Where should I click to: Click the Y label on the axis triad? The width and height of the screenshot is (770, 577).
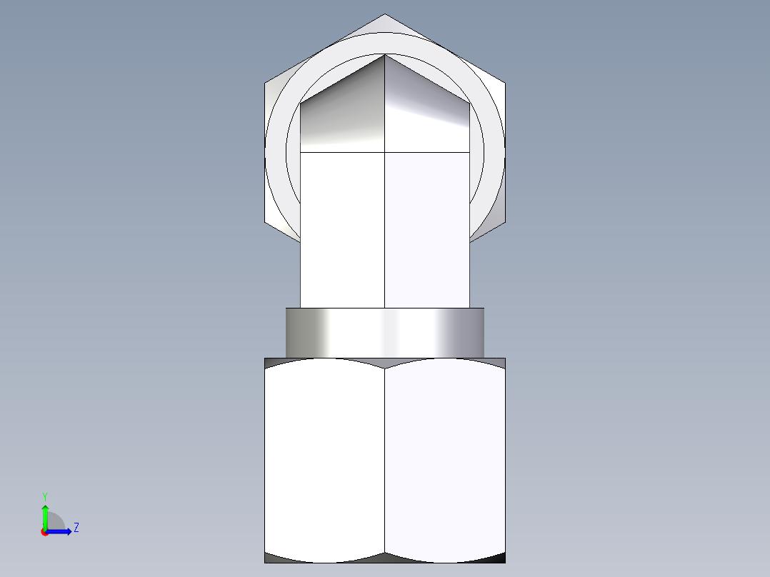click(x=44, y=496)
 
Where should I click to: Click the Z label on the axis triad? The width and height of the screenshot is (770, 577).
click(x=76, y=528)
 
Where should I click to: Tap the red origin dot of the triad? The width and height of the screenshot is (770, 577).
click(x=44, y=532)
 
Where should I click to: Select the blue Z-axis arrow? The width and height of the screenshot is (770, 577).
click(x=61, y=531)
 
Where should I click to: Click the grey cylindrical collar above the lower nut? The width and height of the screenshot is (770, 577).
click(x=384, y=333)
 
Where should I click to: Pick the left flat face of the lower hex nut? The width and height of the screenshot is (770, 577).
click(x=324, y=461)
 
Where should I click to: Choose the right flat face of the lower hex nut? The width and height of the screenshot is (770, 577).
click(x=444, y=461)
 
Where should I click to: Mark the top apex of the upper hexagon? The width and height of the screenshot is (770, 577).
click(x=385, y=15)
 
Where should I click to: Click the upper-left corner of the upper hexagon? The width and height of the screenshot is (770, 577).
click(x=266, y=83)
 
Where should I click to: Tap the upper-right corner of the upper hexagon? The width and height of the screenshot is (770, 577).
click(x=504, y=83)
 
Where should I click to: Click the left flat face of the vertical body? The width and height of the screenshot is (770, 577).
click(x=343, y=229)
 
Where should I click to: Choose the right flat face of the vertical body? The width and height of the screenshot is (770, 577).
click(x=427, y=229)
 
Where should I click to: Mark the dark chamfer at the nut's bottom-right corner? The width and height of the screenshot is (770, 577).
click(x=498, y=558)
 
